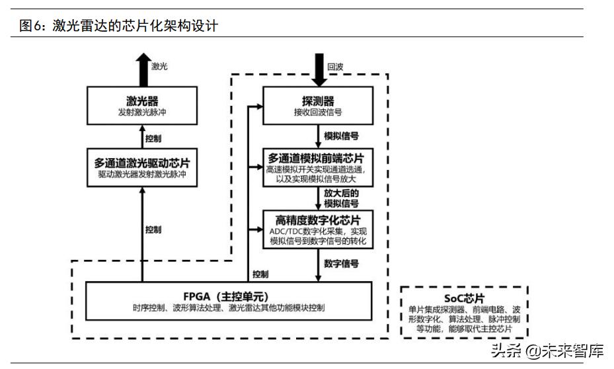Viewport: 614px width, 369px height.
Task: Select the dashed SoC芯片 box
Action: coord(465,312)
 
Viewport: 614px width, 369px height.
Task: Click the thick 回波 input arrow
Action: coord(318,70)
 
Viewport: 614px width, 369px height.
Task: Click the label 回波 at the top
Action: coord(336,66)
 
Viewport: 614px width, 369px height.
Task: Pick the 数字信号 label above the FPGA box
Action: coord(342,263)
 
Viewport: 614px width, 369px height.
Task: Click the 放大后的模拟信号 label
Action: coord(342,198)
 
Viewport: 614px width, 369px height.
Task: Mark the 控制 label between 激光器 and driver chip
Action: coord(153,139)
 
